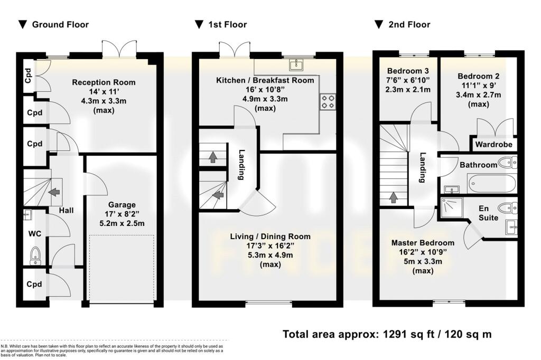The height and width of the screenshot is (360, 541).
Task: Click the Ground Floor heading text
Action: point(60,24)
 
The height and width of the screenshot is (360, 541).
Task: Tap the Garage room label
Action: point(122,205)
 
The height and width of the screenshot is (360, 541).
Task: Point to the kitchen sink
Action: point(296,65)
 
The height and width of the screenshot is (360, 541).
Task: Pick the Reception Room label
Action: point(104,82)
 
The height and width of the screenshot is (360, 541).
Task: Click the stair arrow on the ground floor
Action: point(54,191)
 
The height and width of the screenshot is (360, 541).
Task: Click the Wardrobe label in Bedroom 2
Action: point(494,145)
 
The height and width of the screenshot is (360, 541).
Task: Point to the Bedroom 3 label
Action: point(408,71)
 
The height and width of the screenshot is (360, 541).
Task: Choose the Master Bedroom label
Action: point(423,243)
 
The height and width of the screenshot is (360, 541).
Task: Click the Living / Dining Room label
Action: point(270,236)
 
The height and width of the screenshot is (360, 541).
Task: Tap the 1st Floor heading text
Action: point(228,24)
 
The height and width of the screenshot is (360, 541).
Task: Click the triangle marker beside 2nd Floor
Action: point(378,24)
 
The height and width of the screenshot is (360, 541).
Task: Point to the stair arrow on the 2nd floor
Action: point(393,197)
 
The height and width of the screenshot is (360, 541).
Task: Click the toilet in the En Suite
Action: point(507,208)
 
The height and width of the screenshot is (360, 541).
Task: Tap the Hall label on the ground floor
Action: point(66,210)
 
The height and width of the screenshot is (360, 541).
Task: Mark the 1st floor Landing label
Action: point(241,165)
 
